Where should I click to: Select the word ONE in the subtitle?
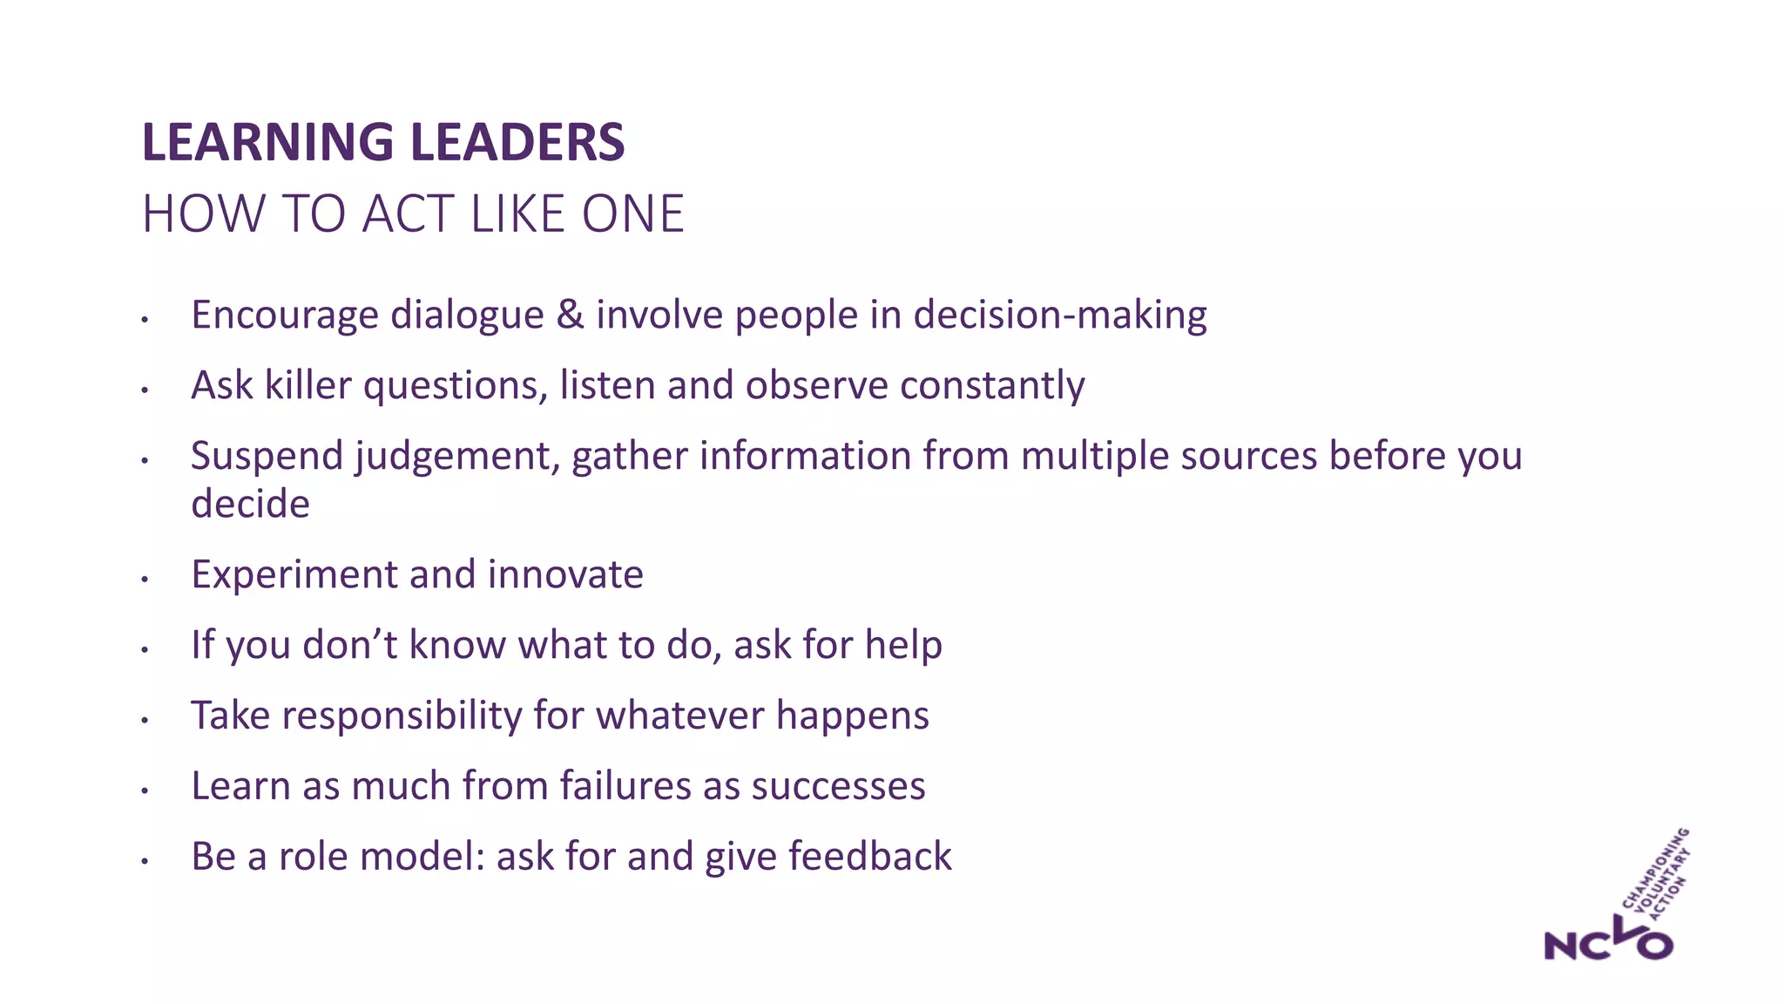click(633, 214)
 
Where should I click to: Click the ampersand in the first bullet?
click(570, 315)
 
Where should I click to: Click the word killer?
click(307, 385)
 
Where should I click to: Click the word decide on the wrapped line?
click(250, 504)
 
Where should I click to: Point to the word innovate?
click(565, 574)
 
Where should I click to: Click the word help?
click(907, 645)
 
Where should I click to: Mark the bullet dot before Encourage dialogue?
click(145, 320)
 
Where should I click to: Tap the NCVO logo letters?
click(1607, 942)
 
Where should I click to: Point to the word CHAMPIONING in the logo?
click(1656, 866)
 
